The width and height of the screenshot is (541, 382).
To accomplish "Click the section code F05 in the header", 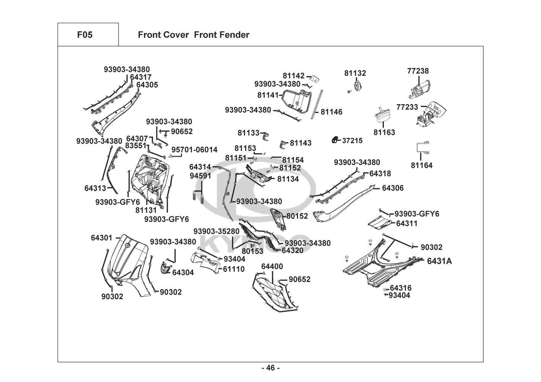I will pyautogui.click(x=84, y=35).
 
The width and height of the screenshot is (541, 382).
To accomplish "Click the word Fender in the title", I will pyautogui.click(x=234, y=35).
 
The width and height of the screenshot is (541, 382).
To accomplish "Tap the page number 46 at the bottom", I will pyautogui.click(x=270, y=368).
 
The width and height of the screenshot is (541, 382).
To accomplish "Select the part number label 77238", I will pyautogui.click(x=418, y=71).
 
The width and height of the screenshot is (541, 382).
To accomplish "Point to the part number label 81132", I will pyautogui.click(x=355, y=73).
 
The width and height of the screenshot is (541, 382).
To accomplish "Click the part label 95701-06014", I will pyautogui.click(x=194, y=150).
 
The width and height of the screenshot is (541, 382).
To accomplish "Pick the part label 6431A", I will pyautogui.click(x=439, y=261).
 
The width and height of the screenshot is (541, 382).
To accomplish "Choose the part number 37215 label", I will pyautogui.click(x=352, y=141).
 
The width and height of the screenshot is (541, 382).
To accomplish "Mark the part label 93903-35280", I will pyautogui.click(x=216, y=231).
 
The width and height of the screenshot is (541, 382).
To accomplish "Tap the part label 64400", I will pyautogui.click(x=272, y=266).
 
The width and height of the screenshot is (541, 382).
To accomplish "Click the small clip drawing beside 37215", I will pyautogui.click(x=335, y=140).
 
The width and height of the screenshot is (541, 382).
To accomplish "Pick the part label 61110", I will pyautogui.click(x=234, y=269).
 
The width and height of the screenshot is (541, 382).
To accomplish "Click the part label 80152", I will pyautogui.click(x=297, y=216).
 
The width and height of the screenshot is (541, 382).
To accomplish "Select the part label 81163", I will pyautogui.click(x=384, y=133).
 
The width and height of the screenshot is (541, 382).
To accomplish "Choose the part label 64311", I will pyautogui.click(x=406, y=223).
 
